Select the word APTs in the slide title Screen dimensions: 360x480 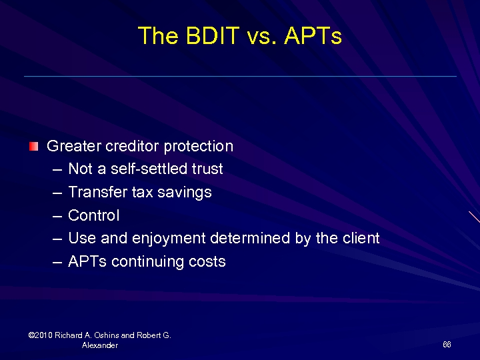tap(313, 36)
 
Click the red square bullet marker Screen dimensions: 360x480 tap(34, 146)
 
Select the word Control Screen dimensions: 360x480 tap(94, 215)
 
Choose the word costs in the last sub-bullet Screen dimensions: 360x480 tap(207, 262)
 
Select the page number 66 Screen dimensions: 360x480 tap(447, 345)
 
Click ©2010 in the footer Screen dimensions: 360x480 tap(41, 335)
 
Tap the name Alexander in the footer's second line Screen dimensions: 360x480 tap(100, 345)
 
